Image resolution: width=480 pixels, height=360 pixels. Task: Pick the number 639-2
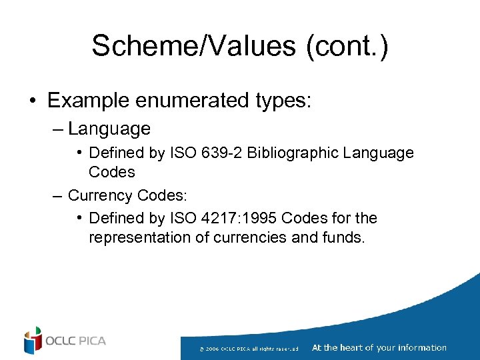pos(225,153)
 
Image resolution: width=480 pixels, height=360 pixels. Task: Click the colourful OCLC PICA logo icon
pos(32,341)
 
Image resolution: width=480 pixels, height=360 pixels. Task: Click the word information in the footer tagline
pos(421,347)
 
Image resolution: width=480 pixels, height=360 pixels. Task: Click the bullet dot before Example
pos(32,101)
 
